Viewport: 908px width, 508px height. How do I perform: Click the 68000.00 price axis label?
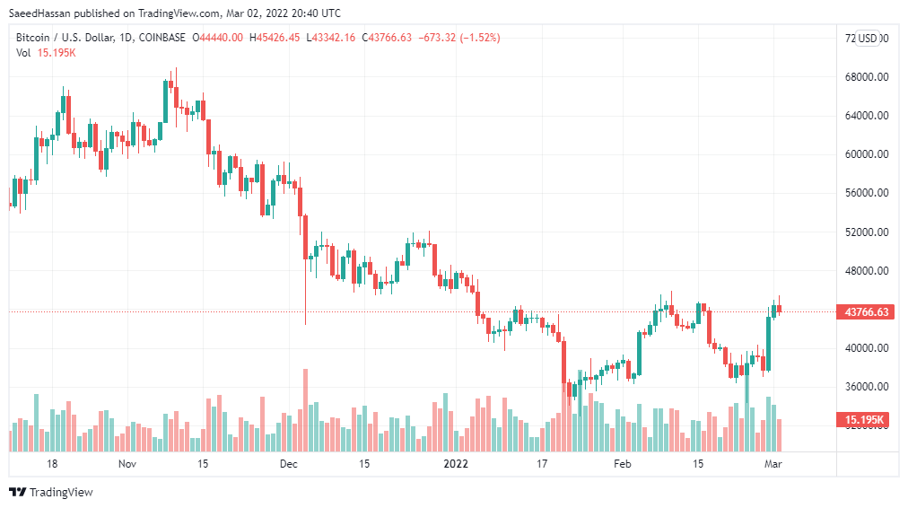click(x=866, y=76)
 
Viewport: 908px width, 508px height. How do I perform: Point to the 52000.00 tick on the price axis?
click(x=866, y=232)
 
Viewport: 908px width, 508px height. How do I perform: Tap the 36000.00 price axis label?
click(x=866, y=387)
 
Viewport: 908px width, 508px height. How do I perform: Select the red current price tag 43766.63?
click(x=866, y=312)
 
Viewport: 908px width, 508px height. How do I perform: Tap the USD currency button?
click(x=868, y=38)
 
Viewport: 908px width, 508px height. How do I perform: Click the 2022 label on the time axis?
click(x=456, y=464)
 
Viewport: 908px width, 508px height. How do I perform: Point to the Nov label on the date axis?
click(x=127, y=464)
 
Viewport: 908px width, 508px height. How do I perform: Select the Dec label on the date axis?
click(x=288, y=464)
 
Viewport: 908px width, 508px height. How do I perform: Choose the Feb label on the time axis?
click(x=622, y=464)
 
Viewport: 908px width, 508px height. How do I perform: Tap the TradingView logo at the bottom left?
click(x=51, y=492)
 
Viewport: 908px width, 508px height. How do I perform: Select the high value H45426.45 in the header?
click(x=276, y=38)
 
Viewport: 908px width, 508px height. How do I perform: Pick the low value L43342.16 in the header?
click(x=331, y=38)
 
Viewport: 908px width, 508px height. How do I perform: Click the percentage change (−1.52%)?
click(x=479, y=38)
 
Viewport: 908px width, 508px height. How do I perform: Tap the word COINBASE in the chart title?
click(x=162, y=38)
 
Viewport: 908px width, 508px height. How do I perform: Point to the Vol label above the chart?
click(x=23, y=53)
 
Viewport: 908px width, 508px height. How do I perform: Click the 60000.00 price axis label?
click(x=866, y=154)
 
